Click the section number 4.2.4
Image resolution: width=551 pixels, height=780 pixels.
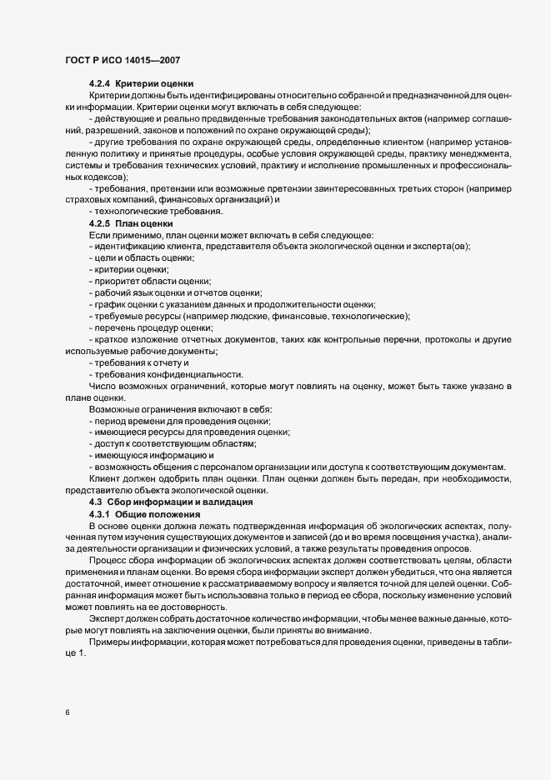tap(99, 83)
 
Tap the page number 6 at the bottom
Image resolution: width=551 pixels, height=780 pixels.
tap(67, 711)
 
